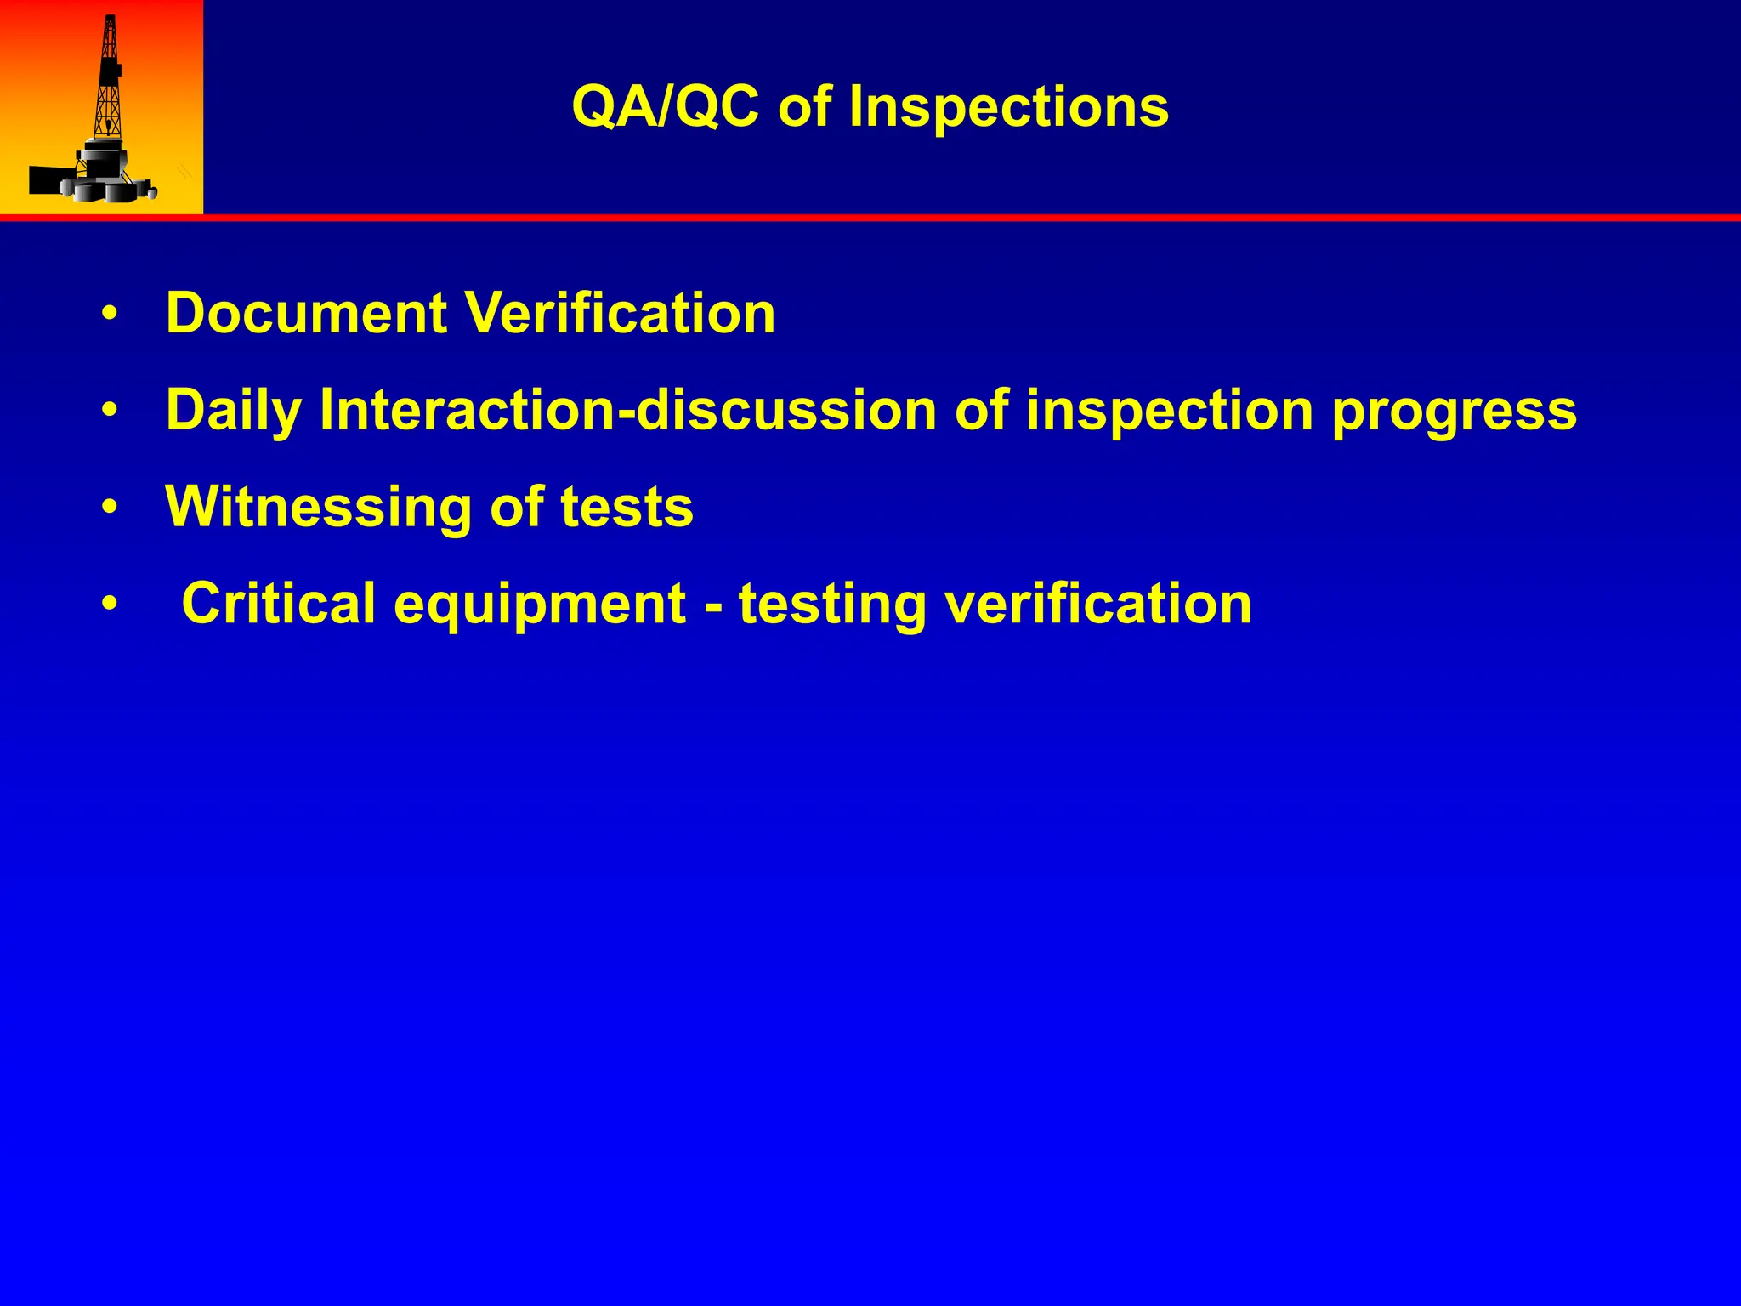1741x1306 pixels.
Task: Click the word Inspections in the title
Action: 1008,108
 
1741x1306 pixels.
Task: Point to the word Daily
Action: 233,411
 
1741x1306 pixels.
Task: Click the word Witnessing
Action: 318,508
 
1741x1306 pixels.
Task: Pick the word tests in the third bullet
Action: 627,508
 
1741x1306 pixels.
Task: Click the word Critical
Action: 278,604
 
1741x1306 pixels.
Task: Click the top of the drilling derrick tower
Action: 110,21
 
